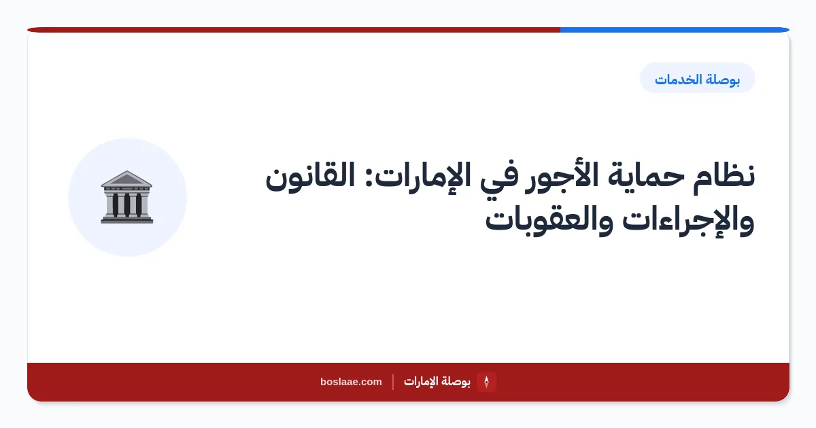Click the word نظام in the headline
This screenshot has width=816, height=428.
724,177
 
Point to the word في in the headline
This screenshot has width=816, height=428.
498,178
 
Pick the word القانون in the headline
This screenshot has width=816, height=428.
310,176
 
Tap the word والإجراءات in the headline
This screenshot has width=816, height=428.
688,221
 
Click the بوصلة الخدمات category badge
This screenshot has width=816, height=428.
697,78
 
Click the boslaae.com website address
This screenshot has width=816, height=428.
351,382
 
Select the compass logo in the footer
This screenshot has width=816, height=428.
486,382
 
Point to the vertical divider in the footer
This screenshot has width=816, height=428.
393,382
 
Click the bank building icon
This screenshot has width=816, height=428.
126,197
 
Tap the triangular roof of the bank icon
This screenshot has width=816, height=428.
126,179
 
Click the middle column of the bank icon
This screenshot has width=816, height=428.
126,205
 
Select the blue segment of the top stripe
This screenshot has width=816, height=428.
675,30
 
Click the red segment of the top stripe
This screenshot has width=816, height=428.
294,30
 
